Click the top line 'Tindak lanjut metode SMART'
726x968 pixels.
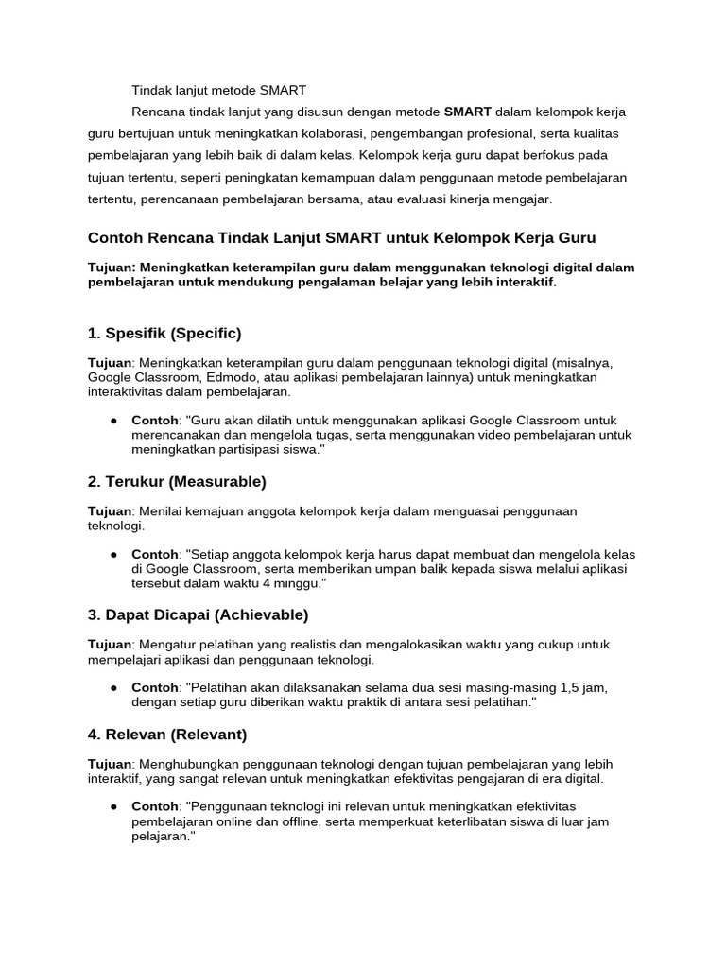219,91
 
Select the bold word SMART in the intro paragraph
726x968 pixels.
468,112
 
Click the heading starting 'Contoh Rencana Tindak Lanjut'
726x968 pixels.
342,237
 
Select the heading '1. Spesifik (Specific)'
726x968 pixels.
164,333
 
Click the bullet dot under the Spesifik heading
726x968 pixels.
113,421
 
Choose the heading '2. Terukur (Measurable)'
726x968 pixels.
177,482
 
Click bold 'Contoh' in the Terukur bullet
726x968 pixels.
155,554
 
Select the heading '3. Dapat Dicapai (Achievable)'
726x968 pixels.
198,615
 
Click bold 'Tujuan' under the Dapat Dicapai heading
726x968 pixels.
110,645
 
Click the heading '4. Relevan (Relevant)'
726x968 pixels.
166,734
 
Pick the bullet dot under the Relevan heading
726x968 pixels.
113,806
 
